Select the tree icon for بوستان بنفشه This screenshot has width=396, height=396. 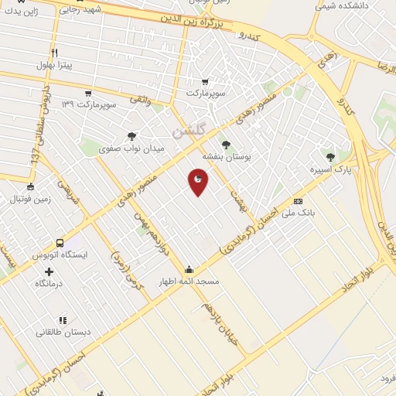coord(226,145)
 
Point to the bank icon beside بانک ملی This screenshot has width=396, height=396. coord(298,200)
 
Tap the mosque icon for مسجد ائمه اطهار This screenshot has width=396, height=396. coord(189,269)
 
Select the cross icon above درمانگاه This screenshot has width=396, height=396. coord(49,271)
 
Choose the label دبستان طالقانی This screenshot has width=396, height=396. coord(63,332)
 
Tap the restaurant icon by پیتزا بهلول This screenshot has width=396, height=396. coord(53,53)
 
